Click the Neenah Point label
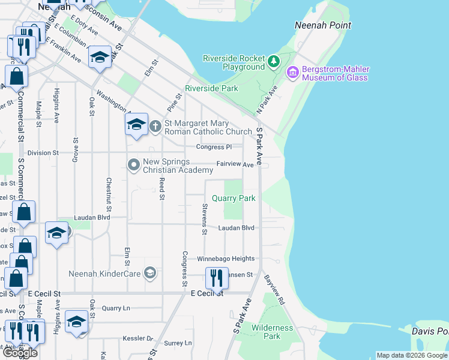323,25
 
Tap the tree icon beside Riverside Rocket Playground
274,61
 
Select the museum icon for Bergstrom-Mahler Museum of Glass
293,73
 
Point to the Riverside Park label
211,88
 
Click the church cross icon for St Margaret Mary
155,125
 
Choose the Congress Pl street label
213,147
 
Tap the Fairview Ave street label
235,164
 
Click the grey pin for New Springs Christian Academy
133,164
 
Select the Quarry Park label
234,198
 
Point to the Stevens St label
205,219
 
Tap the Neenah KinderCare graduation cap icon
150,274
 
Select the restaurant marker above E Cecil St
216,278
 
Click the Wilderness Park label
273,332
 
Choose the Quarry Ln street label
116,308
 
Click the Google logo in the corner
20,353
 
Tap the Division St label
43,153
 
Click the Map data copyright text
411,355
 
